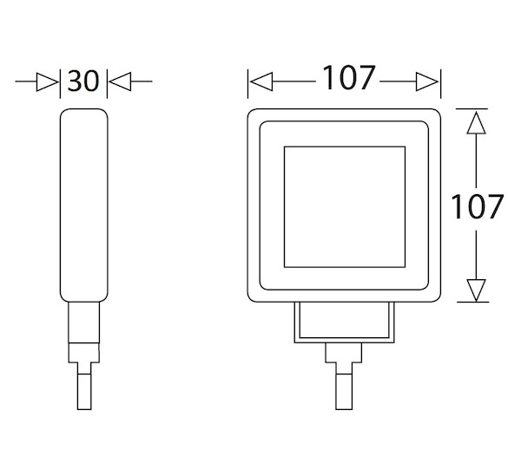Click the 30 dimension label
pos(83,81)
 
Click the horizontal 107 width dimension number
pos(349,78)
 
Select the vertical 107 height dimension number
pos(477,206)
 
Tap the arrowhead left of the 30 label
pos(47,81)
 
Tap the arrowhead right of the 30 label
pos(121,81)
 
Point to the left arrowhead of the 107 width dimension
pos(261,81)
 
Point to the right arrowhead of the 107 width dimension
pos(427,81)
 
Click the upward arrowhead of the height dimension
pos(476,123)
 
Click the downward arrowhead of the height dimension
pos(476,290)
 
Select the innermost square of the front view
pos(345,147)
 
